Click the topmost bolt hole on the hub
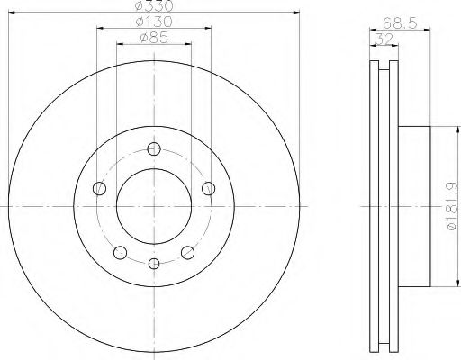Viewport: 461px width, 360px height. click(154, 149)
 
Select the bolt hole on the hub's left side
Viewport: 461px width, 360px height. click(100, 188)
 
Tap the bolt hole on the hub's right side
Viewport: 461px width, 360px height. click(209, 188)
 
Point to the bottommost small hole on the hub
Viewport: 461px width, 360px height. click(154, 264)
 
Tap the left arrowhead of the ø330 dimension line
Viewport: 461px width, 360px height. click(11, 13)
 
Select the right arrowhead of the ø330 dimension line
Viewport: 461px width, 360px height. click(297, 13)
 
